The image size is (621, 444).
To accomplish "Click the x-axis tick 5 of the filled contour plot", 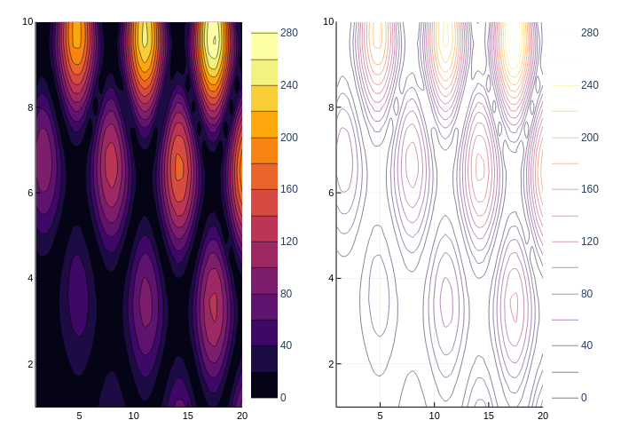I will point(79,416).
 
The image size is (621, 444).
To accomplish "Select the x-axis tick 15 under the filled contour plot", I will point(187,416).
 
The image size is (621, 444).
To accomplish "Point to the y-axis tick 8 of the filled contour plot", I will point(30,107).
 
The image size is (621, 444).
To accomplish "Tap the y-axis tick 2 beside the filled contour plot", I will point(30,364).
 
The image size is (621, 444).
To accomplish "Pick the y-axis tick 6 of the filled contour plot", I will point(30,193).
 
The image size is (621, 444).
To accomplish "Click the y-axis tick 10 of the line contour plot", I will point(328,21).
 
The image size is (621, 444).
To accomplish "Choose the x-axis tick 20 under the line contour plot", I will point(543,416).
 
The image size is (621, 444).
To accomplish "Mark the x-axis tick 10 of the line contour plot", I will point(434,416).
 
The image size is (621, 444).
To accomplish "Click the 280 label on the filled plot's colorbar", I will point(289,33).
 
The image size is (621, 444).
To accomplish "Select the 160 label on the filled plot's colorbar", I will point(289,189).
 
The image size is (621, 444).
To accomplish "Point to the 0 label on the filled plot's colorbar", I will point(283,397).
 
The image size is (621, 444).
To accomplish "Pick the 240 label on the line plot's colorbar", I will point(590,85).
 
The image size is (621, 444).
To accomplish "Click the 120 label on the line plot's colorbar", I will point(590,242).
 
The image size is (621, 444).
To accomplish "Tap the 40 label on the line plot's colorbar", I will point(586,345).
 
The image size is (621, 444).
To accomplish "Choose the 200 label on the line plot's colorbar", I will point(590,138).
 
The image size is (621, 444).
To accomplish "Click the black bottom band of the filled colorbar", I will point(264,385).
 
